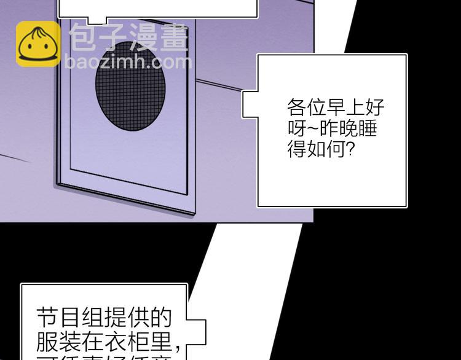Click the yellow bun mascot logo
37,44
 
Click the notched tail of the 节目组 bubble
195,329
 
